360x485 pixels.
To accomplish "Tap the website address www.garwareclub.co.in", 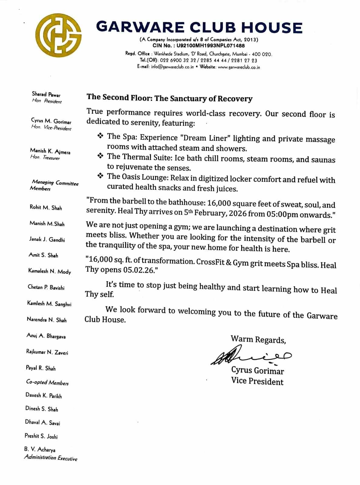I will point(239,67).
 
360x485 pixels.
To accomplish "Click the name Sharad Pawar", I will point(46,95).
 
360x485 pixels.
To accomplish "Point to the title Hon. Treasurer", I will point(45,157).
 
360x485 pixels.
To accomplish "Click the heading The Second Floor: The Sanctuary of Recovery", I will point(169,98).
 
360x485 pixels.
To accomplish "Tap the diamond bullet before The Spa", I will point(101,136).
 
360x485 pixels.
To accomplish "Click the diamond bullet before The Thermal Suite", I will point(101,156).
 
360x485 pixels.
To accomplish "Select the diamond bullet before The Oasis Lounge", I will point(101,176).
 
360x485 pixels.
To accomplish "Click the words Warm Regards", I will point(258,340).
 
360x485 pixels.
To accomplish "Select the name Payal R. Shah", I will point(41,368).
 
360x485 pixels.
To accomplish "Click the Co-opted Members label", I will point(47,383).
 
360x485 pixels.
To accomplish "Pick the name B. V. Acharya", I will point(40,450).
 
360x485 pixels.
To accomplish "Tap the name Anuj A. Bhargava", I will point(46,336).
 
